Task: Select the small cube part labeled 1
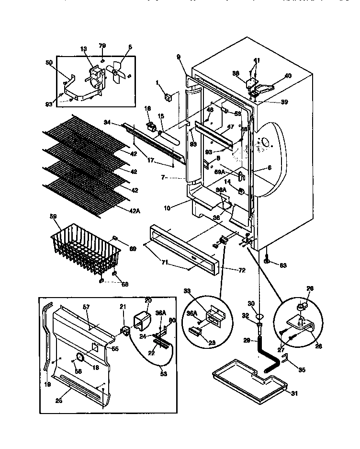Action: click(x=168, y=98)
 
